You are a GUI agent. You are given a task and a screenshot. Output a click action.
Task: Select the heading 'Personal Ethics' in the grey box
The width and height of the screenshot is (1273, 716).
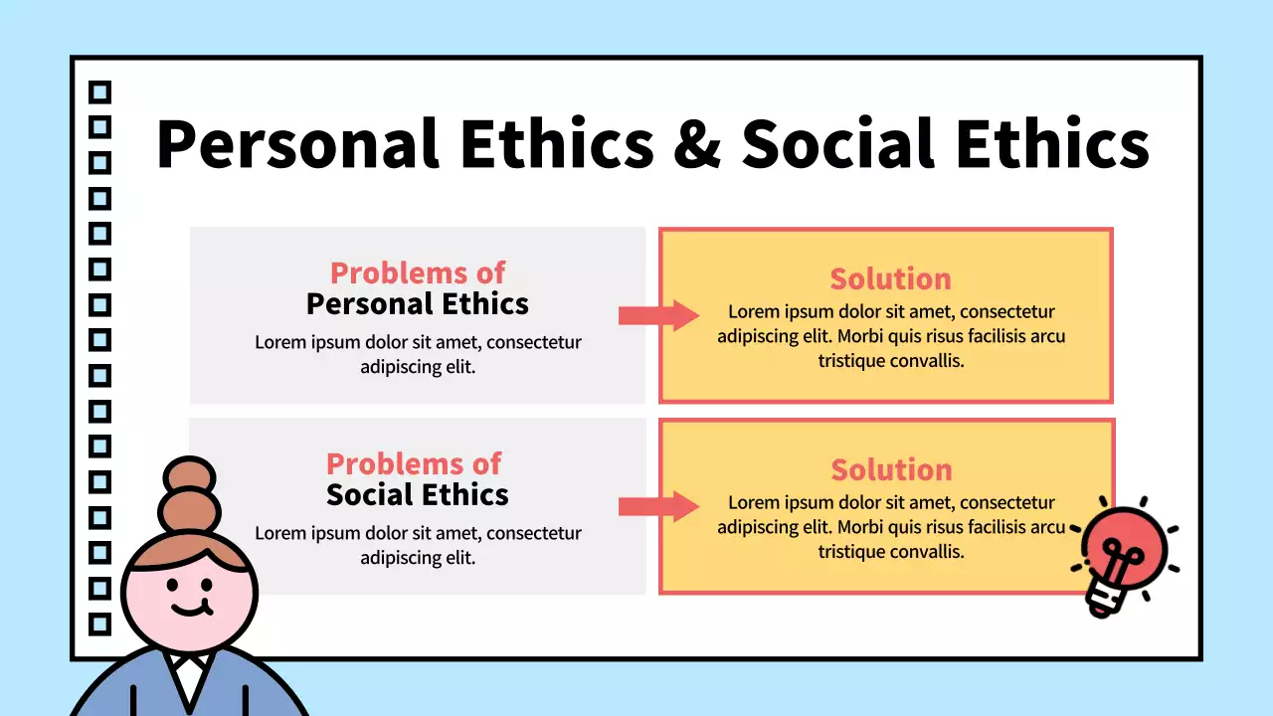pos(417,303)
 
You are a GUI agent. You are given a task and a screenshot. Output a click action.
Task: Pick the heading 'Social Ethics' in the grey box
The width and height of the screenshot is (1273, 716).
pos(417,494)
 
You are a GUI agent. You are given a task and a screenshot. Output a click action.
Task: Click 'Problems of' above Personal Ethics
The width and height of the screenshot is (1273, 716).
pos(417,272)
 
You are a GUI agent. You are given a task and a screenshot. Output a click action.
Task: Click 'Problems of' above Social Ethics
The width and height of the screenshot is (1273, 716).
pos(414,463)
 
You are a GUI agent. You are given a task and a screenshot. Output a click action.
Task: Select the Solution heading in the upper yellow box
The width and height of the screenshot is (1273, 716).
pos(890,278)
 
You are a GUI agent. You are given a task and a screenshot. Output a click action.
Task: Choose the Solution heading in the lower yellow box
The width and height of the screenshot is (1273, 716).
pos(891,469)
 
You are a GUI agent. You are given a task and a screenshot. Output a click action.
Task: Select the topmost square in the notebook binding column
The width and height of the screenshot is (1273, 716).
pos(99,92)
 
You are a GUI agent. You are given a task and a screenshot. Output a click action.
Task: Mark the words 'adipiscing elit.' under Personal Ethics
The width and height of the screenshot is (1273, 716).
pos(418,366)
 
